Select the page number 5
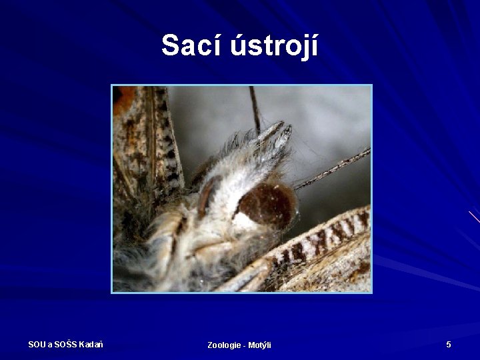[x=449, y=344]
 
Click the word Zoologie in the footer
[x=224, y=345]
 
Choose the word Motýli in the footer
[x=259, y=345]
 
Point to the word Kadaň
[x=91, y=344]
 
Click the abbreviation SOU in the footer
[x=37, y=344]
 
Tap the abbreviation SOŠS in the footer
[x=65, y=344]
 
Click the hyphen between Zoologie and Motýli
[x=244, y=345]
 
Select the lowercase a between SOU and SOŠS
[x=50, y=344]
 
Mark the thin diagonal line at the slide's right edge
[x=474, y=217]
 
